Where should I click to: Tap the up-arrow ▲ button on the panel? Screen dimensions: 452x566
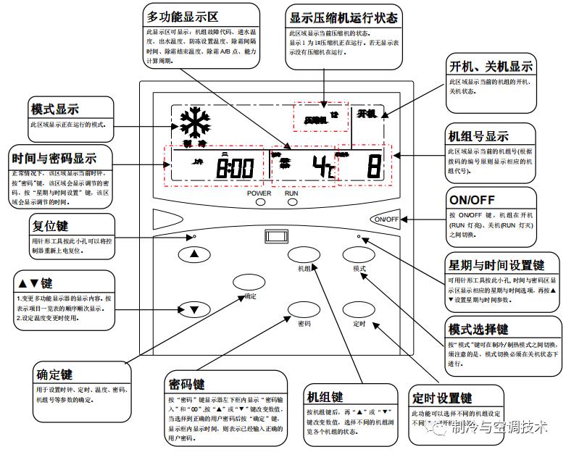[193, 254]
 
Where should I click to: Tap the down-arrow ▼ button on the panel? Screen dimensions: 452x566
[193, 310]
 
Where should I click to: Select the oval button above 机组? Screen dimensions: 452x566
[304, 254]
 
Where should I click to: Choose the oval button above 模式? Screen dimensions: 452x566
[359, 254]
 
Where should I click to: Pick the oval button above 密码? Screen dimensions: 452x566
[304, 310]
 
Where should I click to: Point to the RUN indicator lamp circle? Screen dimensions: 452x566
[292, 203]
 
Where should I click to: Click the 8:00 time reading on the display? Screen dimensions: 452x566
[235, 168]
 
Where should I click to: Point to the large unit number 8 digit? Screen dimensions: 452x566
[373, 167]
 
